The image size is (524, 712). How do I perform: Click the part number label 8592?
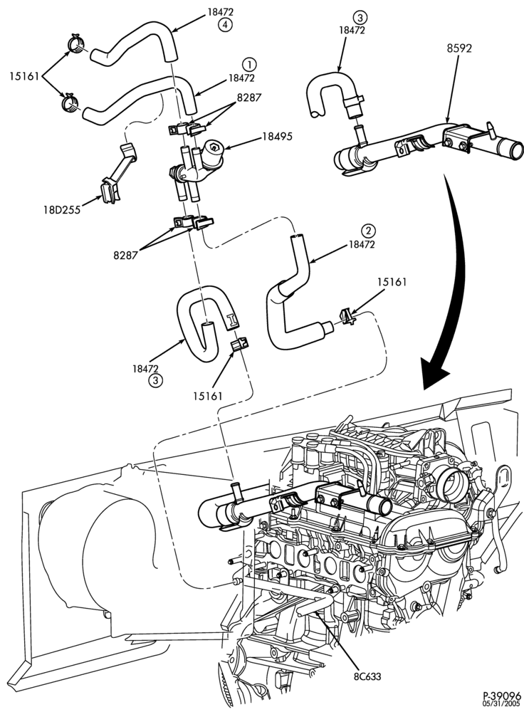[x=459, y=48]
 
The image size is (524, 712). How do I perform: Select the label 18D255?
[x=62, y=209]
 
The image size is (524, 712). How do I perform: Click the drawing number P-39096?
[x=502, y=695]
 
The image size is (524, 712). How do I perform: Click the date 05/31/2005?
[x=502, y=703]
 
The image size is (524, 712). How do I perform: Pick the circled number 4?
[x=225, y=26]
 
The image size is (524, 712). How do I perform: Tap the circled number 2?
[x=368, y=231]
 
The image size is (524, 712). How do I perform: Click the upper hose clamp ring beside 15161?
[x=76, y=44]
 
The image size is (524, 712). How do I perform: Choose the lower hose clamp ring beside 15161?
[x=71, y=103]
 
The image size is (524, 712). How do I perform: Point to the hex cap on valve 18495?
[x=214, y=147]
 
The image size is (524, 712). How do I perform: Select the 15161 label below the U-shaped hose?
[x=207, y=395]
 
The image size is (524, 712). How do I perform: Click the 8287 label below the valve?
[x=126, y=255]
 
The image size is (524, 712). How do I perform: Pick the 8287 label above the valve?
[x=249, y=97]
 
